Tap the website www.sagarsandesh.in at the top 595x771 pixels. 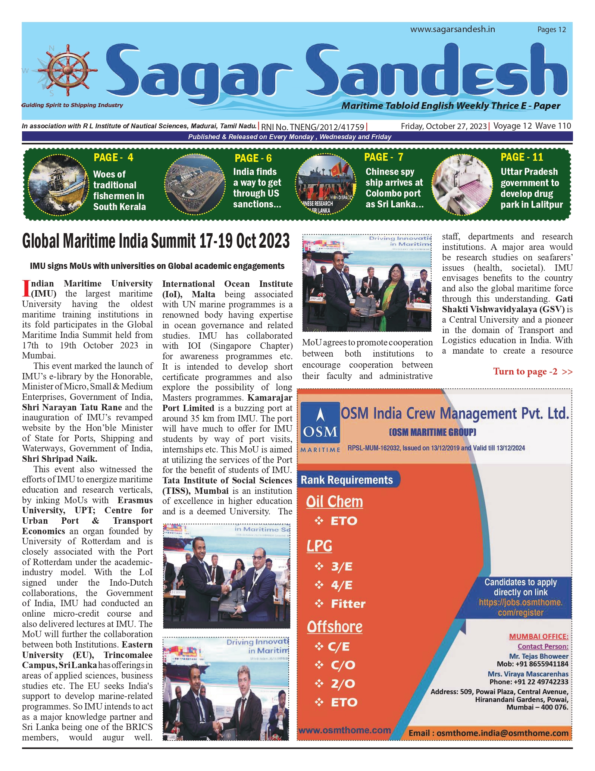452,29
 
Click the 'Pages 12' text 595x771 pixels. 551,30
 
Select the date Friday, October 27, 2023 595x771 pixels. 444,126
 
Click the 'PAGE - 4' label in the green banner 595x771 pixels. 113,158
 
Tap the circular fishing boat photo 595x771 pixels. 59,184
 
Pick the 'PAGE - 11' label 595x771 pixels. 522,157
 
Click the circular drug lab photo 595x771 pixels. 462,185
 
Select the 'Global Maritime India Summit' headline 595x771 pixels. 156,241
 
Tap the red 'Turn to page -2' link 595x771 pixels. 532,372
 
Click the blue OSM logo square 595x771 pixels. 320,424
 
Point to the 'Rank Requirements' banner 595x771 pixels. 347,480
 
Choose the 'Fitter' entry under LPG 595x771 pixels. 348,604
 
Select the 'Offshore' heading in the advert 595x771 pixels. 335,627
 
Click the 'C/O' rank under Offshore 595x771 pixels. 343,665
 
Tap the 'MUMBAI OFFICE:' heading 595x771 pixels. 539,637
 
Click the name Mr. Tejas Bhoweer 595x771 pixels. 538,656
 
